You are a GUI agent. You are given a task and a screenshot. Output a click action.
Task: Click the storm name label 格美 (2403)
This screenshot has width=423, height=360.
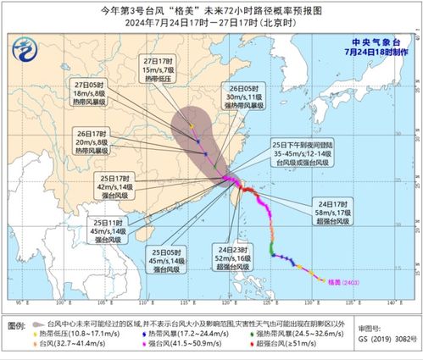[x=339, y=282]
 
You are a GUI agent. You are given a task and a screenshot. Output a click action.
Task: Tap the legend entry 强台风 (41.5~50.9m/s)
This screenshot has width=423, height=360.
[x=181, y=343]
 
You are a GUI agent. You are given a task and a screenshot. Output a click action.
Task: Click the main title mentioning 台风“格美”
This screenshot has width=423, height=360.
[x=211, y=11]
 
